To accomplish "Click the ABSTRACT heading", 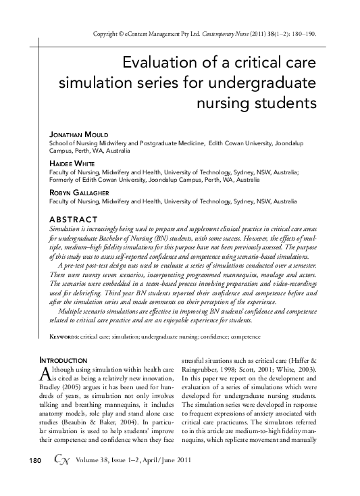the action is point(74,220).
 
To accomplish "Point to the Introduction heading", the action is point(64,360).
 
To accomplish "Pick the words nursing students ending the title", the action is point(256,105).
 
